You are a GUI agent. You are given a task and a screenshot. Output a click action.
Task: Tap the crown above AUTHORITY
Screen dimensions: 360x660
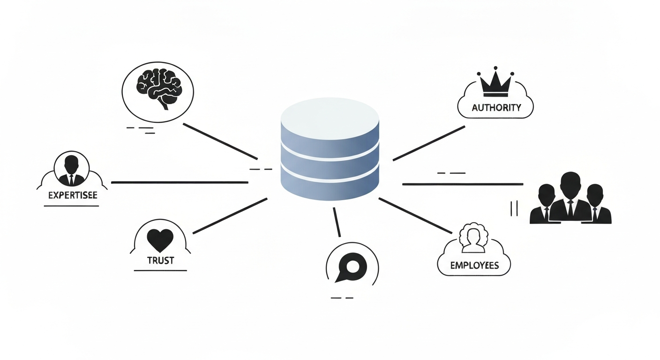[495, 84]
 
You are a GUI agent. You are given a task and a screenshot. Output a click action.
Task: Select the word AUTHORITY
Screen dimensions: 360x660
[496, 107]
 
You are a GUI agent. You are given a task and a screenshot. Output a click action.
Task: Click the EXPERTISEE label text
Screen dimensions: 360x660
[73, 195]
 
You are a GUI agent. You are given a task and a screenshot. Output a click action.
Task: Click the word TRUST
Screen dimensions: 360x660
[160, 261]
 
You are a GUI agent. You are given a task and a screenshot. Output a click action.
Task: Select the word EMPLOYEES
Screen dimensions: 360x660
[474, 265]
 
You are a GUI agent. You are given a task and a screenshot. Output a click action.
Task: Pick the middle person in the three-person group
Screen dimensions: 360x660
[570, 197]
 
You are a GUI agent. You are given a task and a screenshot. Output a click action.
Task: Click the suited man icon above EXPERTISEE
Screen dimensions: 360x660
[72, 169]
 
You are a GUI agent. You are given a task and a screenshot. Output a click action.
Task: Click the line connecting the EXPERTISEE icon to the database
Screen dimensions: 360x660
[179, 182]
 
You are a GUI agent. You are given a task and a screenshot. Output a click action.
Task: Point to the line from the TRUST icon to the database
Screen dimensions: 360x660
[230, 216]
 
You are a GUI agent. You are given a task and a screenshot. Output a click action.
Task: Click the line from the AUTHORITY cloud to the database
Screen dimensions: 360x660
[428, 143]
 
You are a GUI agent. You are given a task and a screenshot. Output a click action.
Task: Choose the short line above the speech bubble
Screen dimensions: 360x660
[337, 222]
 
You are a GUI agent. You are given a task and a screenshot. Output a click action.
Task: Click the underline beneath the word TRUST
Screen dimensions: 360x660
[160, 270]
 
